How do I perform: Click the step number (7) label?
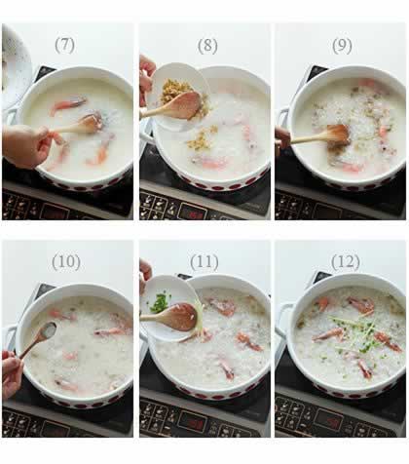(65, 45)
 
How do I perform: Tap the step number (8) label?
(207, 46)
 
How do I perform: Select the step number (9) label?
(342, 46)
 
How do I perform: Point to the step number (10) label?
(66, 262)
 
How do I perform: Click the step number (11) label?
(204, 262)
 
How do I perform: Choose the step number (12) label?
(346, 262)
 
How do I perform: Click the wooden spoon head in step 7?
(91, 123)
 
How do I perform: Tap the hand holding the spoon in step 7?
(27, 145)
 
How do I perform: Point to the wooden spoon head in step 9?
(338, 135)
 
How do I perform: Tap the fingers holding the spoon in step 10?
(12, 372)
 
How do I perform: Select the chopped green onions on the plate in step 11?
(159, 303)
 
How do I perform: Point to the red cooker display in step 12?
(329, 421)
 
